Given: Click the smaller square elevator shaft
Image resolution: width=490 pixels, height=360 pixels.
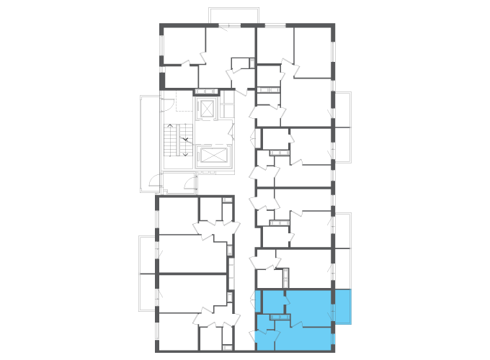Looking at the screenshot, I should point(208,109).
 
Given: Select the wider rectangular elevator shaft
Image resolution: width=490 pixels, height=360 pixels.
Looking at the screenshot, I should point(213,156).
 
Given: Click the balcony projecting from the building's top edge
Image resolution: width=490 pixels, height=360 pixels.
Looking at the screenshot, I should point(233,16).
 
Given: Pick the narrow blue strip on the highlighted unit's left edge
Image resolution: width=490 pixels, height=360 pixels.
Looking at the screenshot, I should point(258,301).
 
